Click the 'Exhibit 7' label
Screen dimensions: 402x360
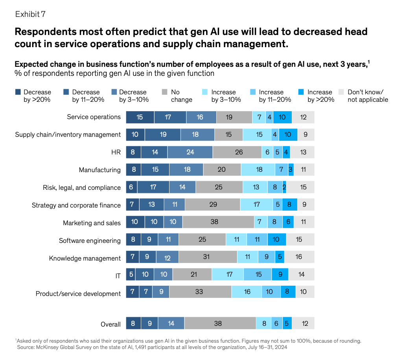tap(30, 14)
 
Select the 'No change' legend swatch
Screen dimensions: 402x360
tap(164, 92)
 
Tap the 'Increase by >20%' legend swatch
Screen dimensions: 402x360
tap(301, 92)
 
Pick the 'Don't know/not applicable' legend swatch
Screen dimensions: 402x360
tap(341, 92)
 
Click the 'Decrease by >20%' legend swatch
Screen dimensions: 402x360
tap(18, 92)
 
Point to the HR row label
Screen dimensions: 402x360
tap(116, 152)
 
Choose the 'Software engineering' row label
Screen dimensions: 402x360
tap(90, 241)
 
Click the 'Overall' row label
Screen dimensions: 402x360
tap(111, 324)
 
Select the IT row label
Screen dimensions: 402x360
tap(118, 276)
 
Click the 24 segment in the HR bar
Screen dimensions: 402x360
tap(190, 152)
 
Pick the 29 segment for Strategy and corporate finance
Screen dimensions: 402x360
tap(213, 204)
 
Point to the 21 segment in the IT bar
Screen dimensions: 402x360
tap(192, 274)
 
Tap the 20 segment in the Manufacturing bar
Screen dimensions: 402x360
tap(222, 170)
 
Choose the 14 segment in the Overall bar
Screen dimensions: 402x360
tap(171, 323)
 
